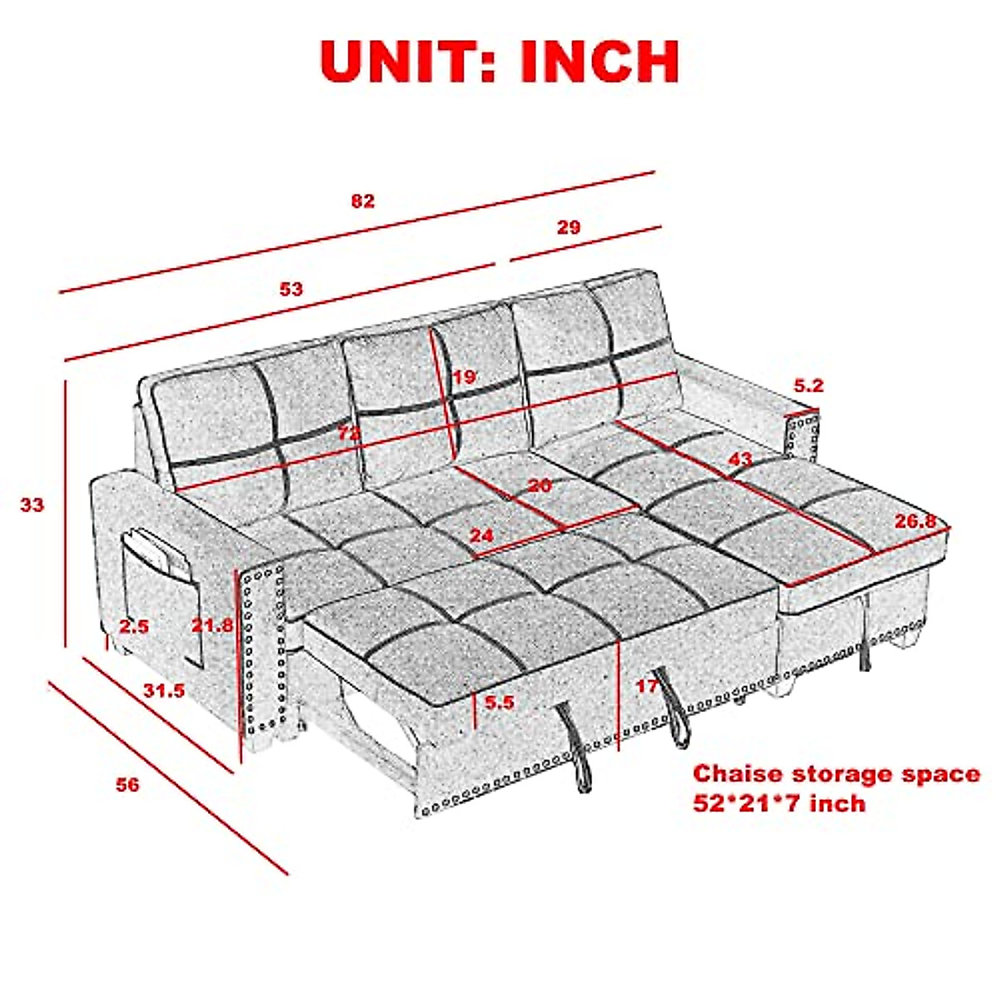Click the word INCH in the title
(x=599, y=60)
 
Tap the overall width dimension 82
(x=363, y=201)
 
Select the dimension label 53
(x=291, y=289)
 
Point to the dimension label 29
(x=569, y=226)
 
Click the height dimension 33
(x=32, y=504)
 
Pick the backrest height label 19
(x=465, y=377)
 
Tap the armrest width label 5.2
(x=808, y=385)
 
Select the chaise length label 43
(x=740, y=459)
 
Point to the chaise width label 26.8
(x=922, y=522)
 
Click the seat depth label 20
(x=539, y=485)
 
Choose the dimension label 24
(x=482, y=535)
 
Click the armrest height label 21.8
(x=213, y=624)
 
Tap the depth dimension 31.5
(x=164, y=690)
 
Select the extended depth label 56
(x=127, y=784)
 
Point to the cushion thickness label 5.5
(x=499, y=703)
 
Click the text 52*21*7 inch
(x=779, y=803)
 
